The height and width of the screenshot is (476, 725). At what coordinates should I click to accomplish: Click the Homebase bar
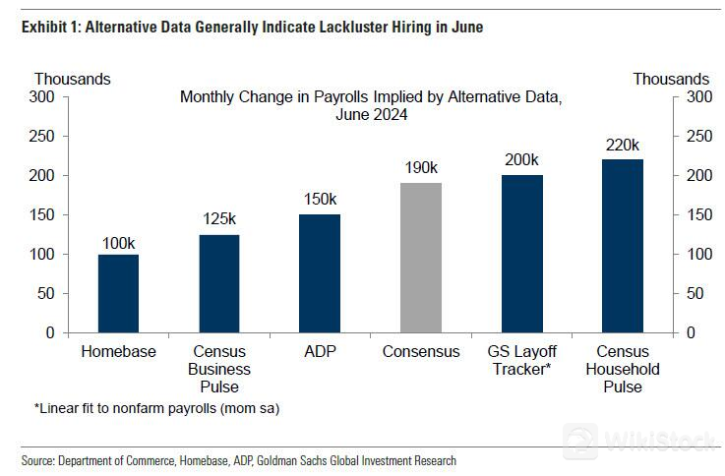tap(118, 293)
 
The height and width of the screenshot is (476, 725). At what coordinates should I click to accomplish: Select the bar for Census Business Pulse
tap(218, 283)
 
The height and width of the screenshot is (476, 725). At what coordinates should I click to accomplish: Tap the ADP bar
tap(320, 273)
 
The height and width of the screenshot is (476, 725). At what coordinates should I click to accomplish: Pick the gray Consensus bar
tap(421, 258)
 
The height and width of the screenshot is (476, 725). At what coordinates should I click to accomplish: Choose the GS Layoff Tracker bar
tap(522, 254)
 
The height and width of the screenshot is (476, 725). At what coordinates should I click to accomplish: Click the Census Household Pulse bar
tap(623, 246)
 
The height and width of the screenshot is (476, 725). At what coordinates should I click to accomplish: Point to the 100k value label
tap(119, 241)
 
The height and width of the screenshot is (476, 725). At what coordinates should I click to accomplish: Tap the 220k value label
tap(624, 146)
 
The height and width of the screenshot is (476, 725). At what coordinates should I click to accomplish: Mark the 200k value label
tap(522, 160)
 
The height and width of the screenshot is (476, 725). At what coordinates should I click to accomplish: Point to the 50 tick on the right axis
tap(693, 293)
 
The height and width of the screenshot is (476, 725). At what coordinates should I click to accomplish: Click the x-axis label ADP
tap(320, 352)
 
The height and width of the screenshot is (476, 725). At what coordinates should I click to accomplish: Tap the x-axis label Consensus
tap(421, 352)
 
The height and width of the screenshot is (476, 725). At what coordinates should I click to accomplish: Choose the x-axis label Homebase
tap(118, 352)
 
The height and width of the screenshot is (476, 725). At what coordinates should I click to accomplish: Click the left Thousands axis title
tap(73, 79)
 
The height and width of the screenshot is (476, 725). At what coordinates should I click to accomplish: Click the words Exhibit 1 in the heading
tap(49, 27)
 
